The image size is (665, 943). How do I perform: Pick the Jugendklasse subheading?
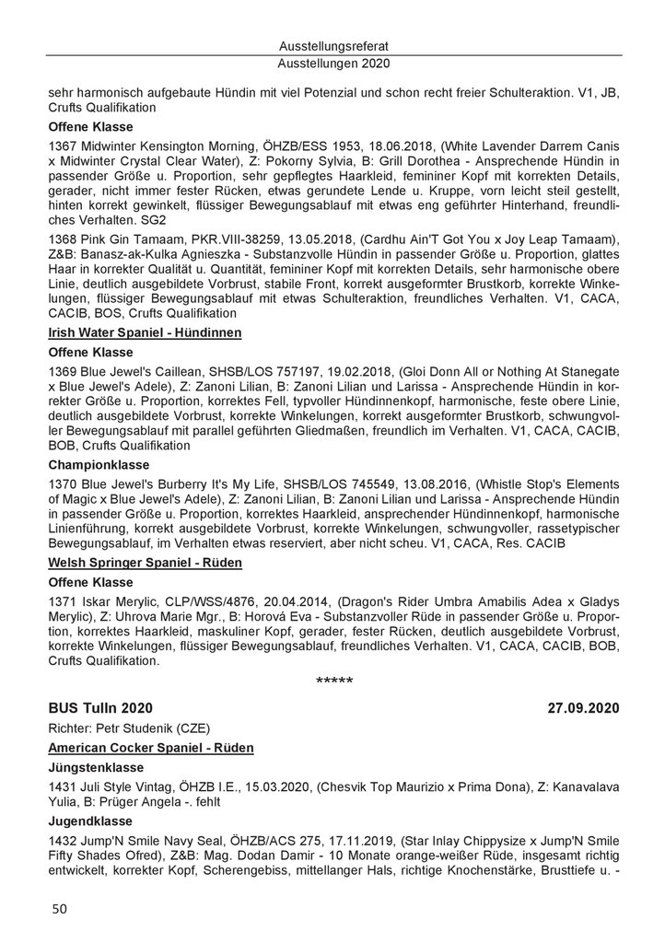pos(88,821)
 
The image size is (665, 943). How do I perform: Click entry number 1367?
pos(62,147)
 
